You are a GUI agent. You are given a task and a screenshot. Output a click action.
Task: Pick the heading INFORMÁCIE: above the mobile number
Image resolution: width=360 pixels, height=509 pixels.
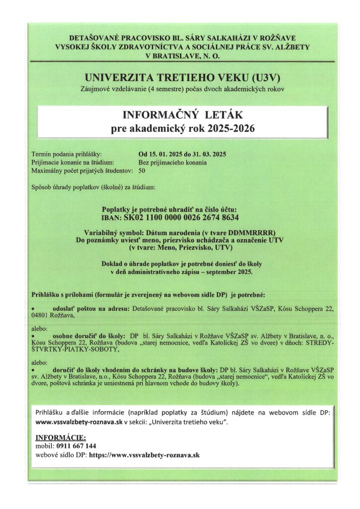pyautogui.click(x=60, y=437)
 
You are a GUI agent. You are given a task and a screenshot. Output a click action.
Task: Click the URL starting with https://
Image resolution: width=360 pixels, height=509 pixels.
pyautogui.click(x=144, y=455)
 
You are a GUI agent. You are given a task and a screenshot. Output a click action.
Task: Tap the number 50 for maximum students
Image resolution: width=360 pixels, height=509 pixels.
pyautogui.click(x=142, y=171)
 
